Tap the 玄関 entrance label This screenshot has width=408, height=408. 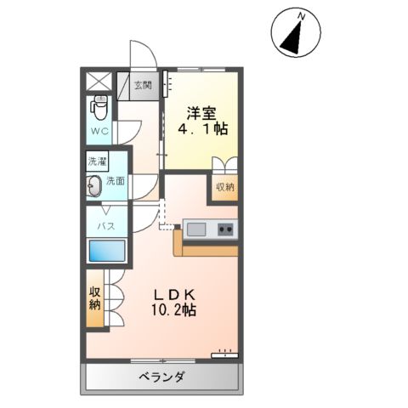(x=144, y=84)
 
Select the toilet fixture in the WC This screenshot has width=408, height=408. (x=100, y=110)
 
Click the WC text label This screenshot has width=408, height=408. (x=100, y=132)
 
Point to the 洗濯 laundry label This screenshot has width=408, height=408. (x=97, y=161)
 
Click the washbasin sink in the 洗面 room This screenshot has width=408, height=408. (x=94, y=185)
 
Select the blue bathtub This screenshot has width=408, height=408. (x=105, y=252)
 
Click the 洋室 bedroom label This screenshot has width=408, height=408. (x=201, y=110)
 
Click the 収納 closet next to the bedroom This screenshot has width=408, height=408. (x=224, y=187)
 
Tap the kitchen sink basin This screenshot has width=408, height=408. (x=196, y=229)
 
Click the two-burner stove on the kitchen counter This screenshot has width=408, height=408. (x=226, y=229)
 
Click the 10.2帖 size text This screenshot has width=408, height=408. (x=176, y=311)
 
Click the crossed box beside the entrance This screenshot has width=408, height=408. (x=99, y=83)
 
